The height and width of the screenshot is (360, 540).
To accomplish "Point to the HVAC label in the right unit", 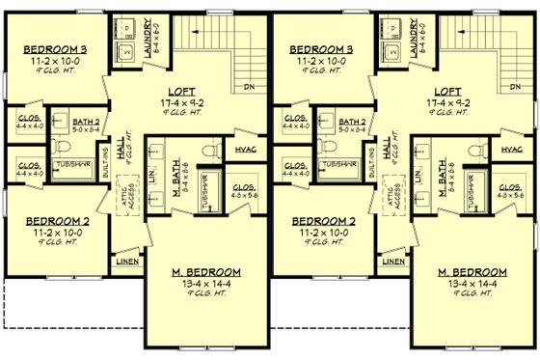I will (x=512, y=150).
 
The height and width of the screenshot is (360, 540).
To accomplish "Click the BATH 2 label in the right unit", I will (x=351, y=122).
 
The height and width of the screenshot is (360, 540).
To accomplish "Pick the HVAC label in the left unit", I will (x=245, y=150).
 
